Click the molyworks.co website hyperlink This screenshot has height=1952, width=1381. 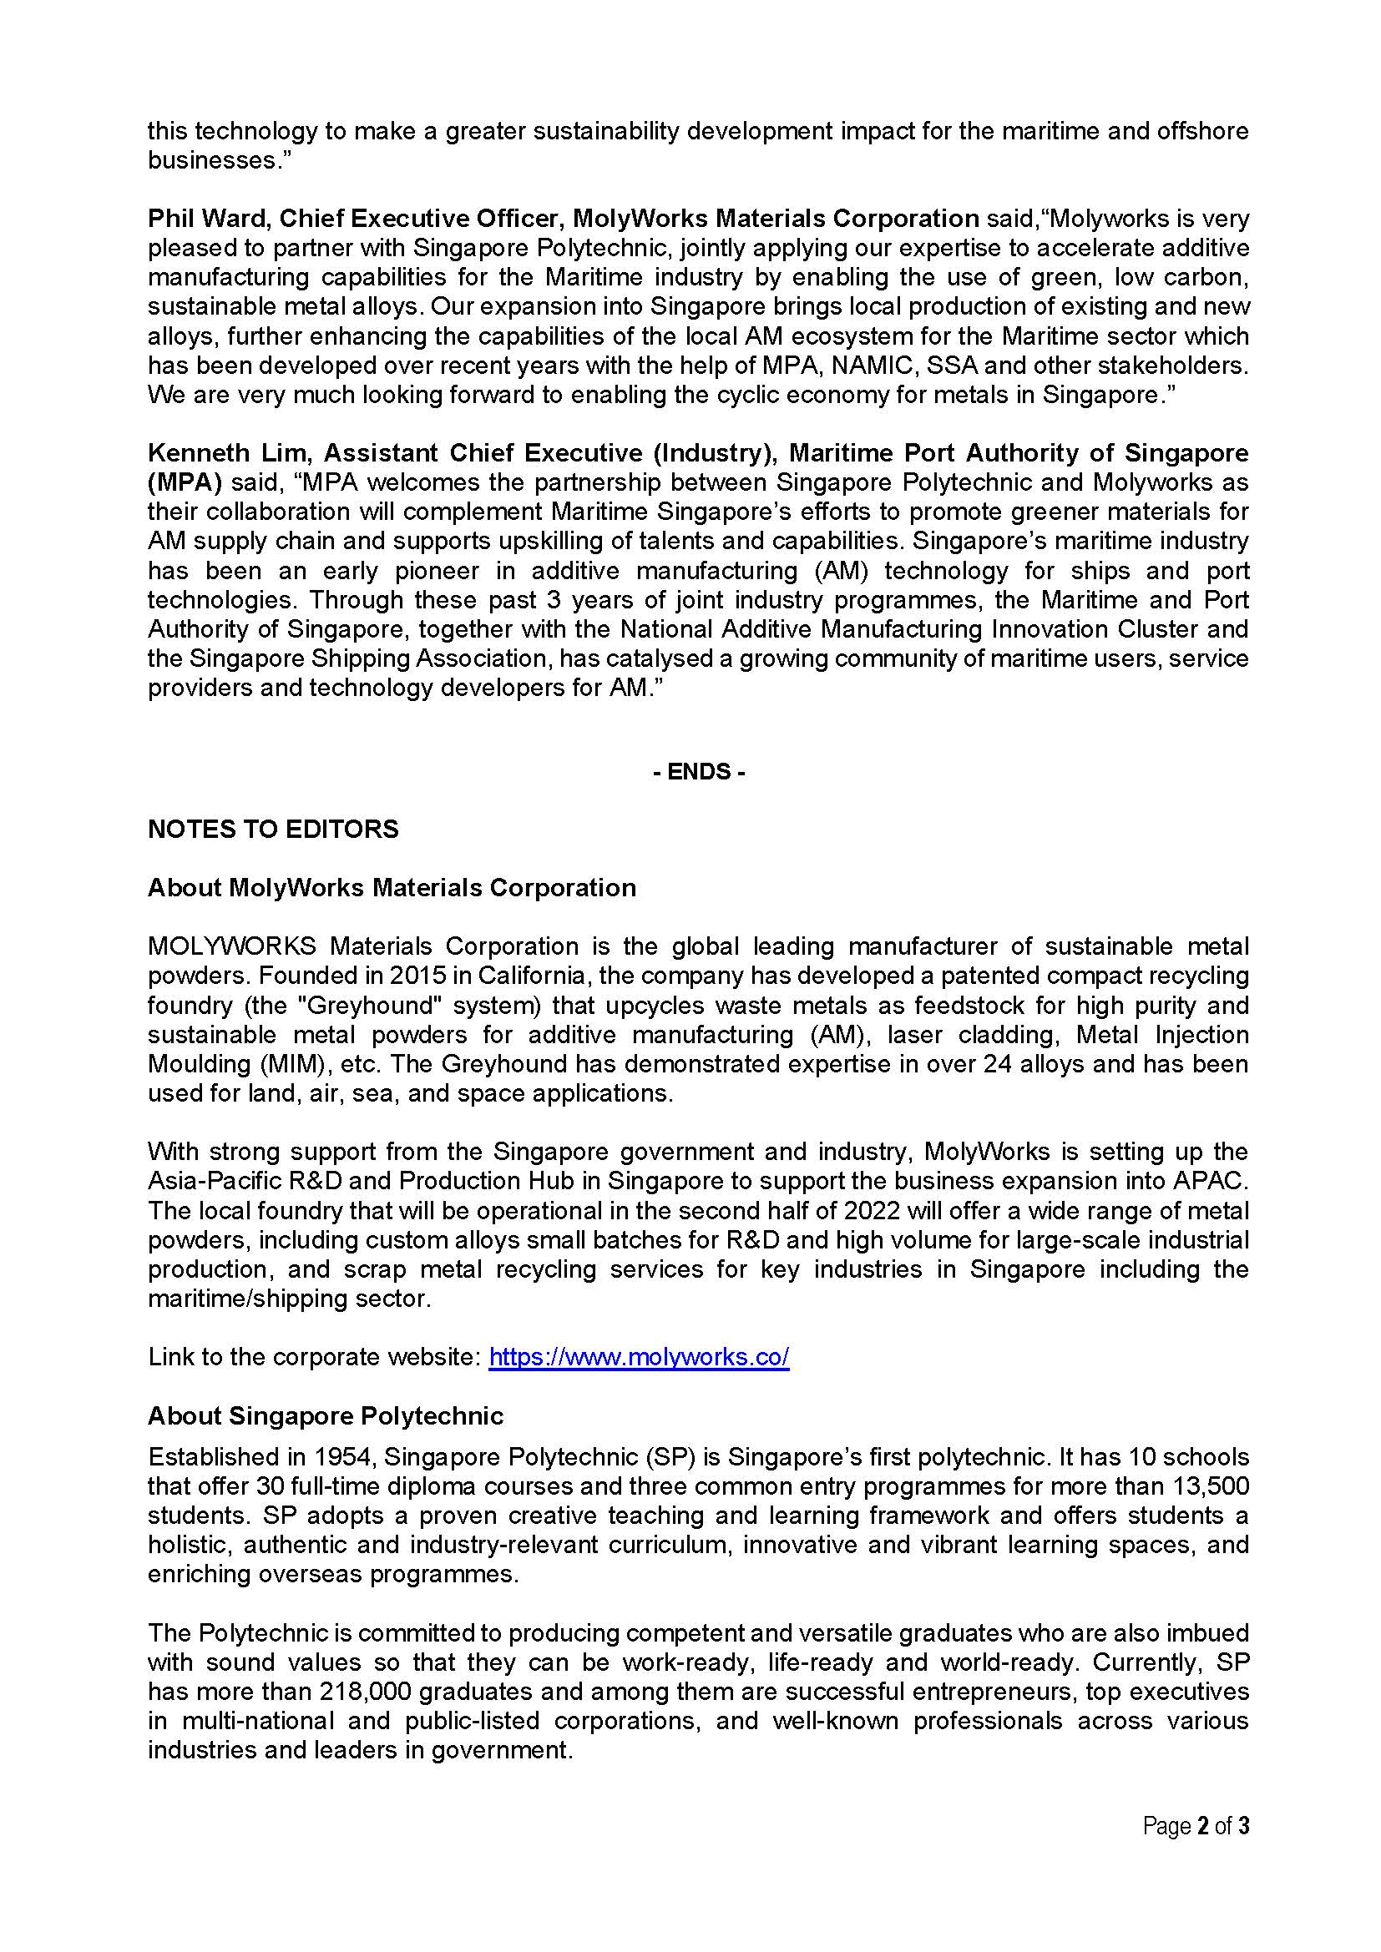(x=639, y=1357)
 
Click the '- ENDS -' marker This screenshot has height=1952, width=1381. (x=698, y=772)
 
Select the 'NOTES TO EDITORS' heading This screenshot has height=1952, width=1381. (x=273, y=829)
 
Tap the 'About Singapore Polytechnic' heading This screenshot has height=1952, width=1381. (x=326, y=1415)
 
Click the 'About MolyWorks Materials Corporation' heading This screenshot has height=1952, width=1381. (x=392, y=888)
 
